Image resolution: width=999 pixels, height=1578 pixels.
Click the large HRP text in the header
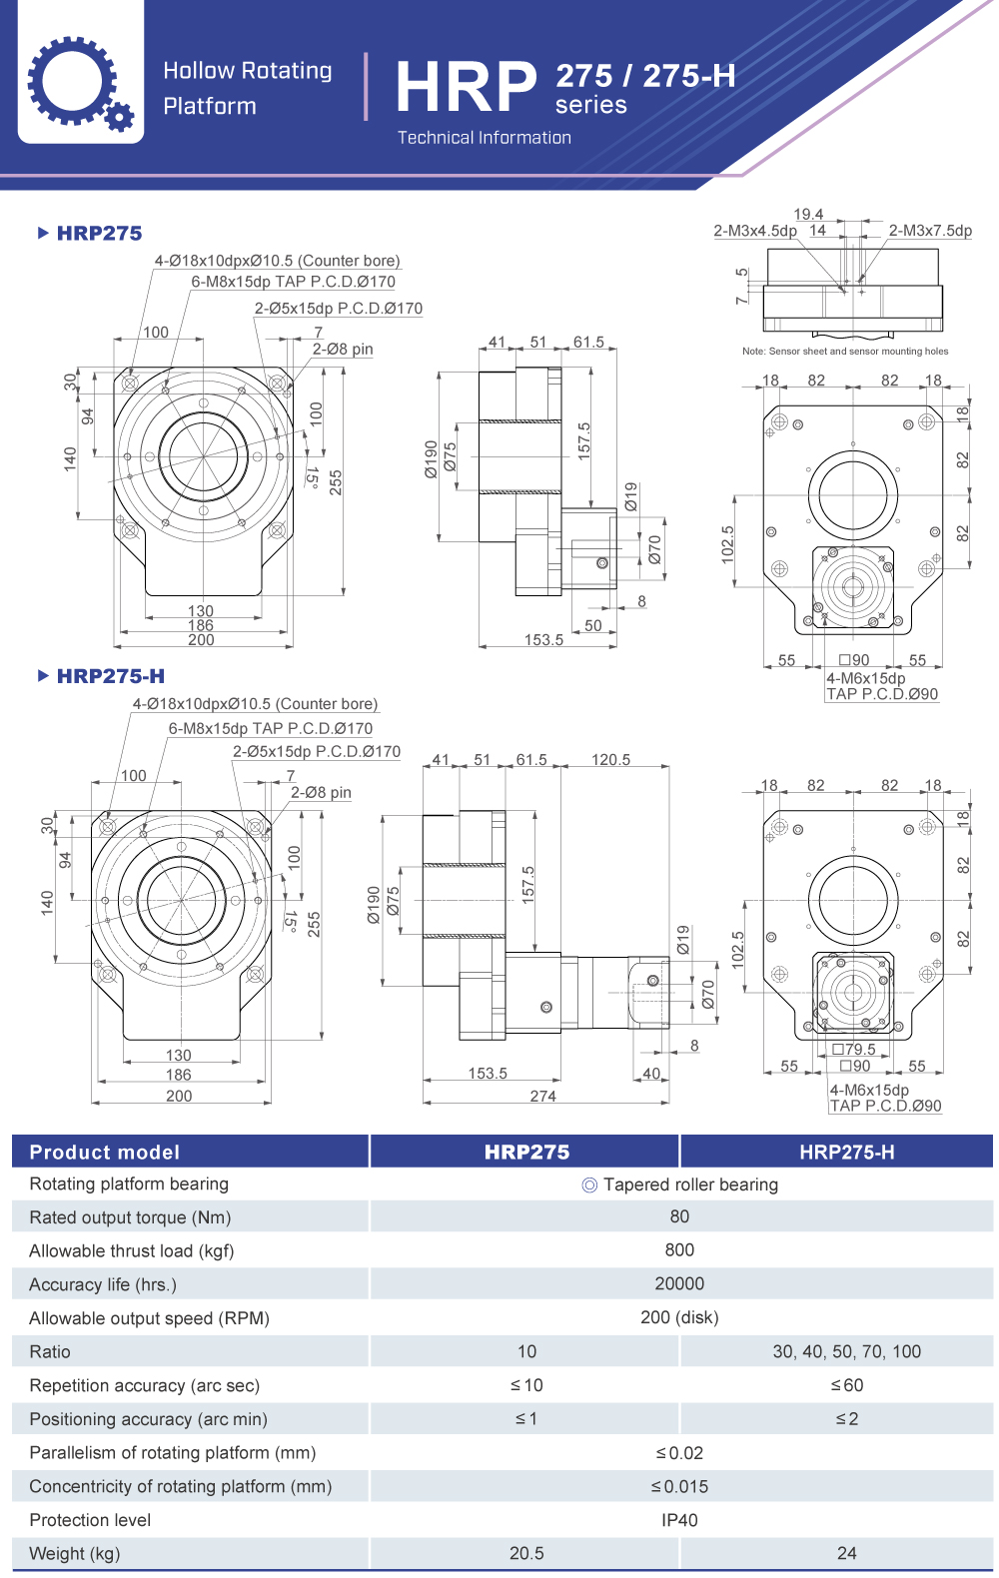coord(466,88)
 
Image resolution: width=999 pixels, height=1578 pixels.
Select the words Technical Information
coord(485,138)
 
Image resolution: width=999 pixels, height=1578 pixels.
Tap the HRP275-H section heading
coord(110,676)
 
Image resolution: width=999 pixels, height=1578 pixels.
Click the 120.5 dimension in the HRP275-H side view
coord(610,760)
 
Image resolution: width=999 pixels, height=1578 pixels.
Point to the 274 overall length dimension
coord(543,1096)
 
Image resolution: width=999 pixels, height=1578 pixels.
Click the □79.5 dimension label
coord(854,1049)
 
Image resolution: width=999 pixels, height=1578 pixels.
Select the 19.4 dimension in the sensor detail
coord(808,214)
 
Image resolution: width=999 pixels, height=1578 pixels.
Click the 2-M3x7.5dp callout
coord(930,231)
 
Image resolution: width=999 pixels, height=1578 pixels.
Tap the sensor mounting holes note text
coord(845,352)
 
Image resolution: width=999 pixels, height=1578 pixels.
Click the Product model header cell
coord(105,1152)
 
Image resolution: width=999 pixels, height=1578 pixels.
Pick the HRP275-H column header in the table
coord(846,1152)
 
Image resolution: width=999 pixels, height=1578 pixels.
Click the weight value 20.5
coord(526,1553)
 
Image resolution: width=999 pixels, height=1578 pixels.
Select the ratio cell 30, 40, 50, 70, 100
coord(846,1351)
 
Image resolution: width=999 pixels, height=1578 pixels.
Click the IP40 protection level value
coord(679,1520)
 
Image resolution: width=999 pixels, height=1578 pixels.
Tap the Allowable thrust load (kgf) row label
coord(132,1250)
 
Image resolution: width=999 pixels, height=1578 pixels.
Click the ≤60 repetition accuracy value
coord(846,1385)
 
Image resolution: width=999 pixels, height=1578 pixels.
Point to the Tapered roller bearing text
coord(690,1184)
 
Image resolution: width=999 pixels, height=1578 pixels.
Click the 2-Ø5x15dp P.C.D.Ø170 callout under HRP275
coord(338,309)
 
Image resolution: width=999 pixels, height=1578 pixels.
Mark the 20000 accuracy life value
coord(679,1283)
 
